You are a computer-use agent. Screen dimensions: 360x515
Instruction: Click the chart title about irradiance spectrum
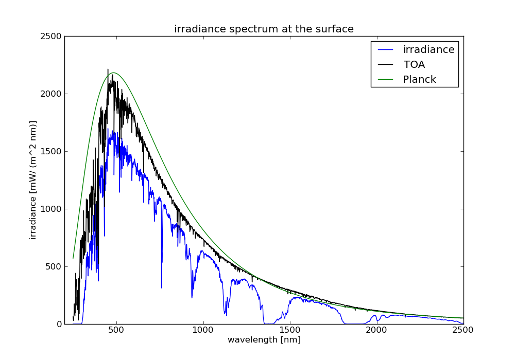(264, 29)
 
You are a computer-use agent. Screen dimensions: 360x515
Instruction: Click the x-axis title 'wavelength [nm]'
(264, 340)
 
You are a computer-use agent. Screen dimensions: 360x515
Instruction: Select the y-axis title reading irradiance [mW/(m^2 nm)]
(33, 180)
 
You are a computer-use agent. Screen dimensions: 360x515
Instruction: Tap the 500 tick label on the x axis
(116, 330)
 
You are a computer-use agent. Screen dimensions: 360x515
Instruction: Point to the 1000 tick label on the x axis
(203, 330)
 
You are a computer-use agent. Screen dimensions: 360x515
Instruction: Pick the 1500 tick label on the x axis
(290, 330)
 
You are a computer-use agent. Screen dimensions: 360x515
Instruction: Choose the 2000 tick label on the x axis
(376, 330)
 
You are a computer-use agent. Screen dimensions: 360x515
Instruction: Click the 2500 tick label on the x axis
(463, 330)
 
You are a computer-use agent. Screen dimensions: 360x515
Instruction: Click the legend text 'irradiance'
(428, 50)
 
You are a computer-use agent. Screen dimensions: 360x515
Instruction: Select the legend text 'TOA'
(414, 65)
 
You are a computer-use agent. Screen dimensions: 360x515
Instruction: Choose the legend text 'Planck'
(419, 80)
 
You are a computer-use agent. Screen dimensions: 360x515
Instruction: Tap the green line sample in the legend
(386, 80)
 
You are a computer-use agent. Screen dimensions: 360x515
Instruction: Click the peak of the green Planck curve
(114, 73)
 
